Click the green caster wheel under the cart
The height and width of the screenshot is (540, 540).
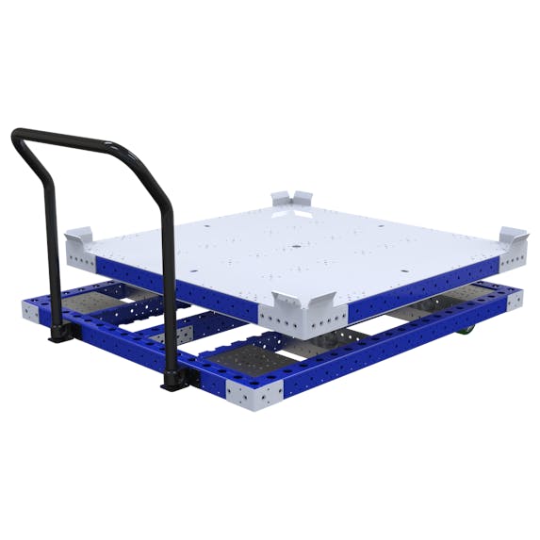click(466, 330)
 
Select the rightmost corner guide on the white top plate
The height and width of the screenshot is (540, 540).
click(515, 238)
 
